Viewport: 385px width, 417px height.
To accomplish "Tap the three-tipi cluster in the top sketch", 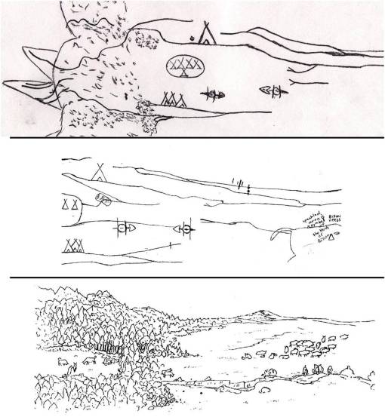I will coord(174,98).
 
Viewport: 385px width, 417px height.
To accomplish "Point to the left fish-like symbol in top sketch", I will coord(215,94).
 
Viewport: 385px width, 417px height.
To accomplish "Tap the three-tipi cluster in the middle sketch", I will coord(72,245).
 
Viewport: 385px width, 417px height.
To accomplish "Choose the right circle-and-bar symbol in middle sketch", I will coord(184,228).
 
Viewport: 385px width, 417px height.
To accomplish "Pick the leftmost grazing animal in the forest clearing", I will coord(63,363).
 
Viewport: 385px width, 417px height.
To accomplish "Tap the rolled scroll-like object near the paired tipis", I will coord(103,199).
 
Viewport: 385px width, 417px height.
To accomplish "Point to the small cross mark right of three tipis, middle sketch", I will coord(171,245).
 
